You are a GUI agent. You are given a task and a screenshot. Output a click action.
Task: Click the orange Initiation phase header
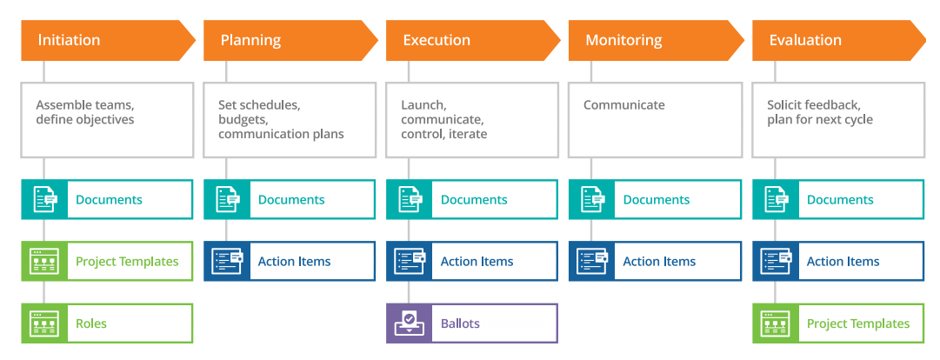click(x=108, y=41)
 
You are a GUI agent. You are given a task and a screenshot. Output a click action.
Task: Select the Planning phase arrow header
click(x=290, y=41)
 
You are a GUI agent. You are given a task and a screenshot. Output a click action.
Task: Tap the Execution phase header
click(x=473, y=41)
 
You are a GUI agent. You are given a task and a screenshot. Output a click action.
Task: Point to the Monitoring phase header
click(x=656, y=41)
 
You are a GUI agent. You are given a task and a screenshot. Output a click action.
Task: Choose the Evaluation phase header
click(x=839, y=41)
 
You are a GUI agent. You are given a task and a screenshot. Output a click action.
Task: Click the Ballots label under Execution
click(x=460, y=323)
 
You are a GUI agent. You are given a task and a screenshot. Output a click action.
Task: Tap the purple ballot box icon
click(x=409, y=323)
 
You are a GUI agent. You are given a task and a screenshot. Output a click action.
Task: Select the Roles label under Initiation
click(x=91, y=323)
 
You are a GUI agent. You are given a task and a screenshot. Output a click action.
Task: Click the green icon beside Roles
click(x=44, y=323)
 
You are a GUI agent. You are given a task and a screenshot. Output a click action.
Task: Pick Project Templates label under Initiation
click(x=127, y=262)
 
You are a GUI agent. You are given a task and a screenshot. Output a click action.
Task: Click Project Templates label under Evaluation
click(x=858, y=324)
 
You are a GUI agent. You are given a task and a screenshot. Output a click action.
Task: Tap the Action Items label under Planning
click(x=295, y=262)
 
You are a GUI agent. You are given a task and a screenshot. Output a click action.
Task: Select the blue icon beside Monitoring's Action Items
click(x=591, y=261)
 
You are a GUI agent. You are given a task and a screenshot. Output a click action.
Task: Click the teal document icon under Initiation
click(x=44, y=199)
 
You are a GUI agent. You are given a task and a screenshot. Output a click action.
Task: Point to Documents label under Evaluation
click(x=840, y=200)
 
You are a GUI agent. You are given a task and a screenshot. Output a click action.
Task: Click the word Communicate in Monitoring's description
click(x=624, y=105)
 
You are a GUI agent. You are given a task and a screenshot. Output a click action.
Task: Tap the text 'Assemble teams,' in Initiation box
click(x=85, y=105)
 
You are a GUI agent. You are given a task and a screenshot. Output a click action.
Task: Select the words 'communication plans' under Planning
click(x=281, y=134)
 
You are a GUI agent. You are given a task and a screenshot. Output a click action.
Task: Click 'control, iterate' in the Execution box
click(x=444, y=134)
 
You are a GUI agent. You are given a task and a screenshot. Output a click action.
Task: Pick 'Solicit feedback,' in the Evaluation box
click(x=814, y=105)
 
